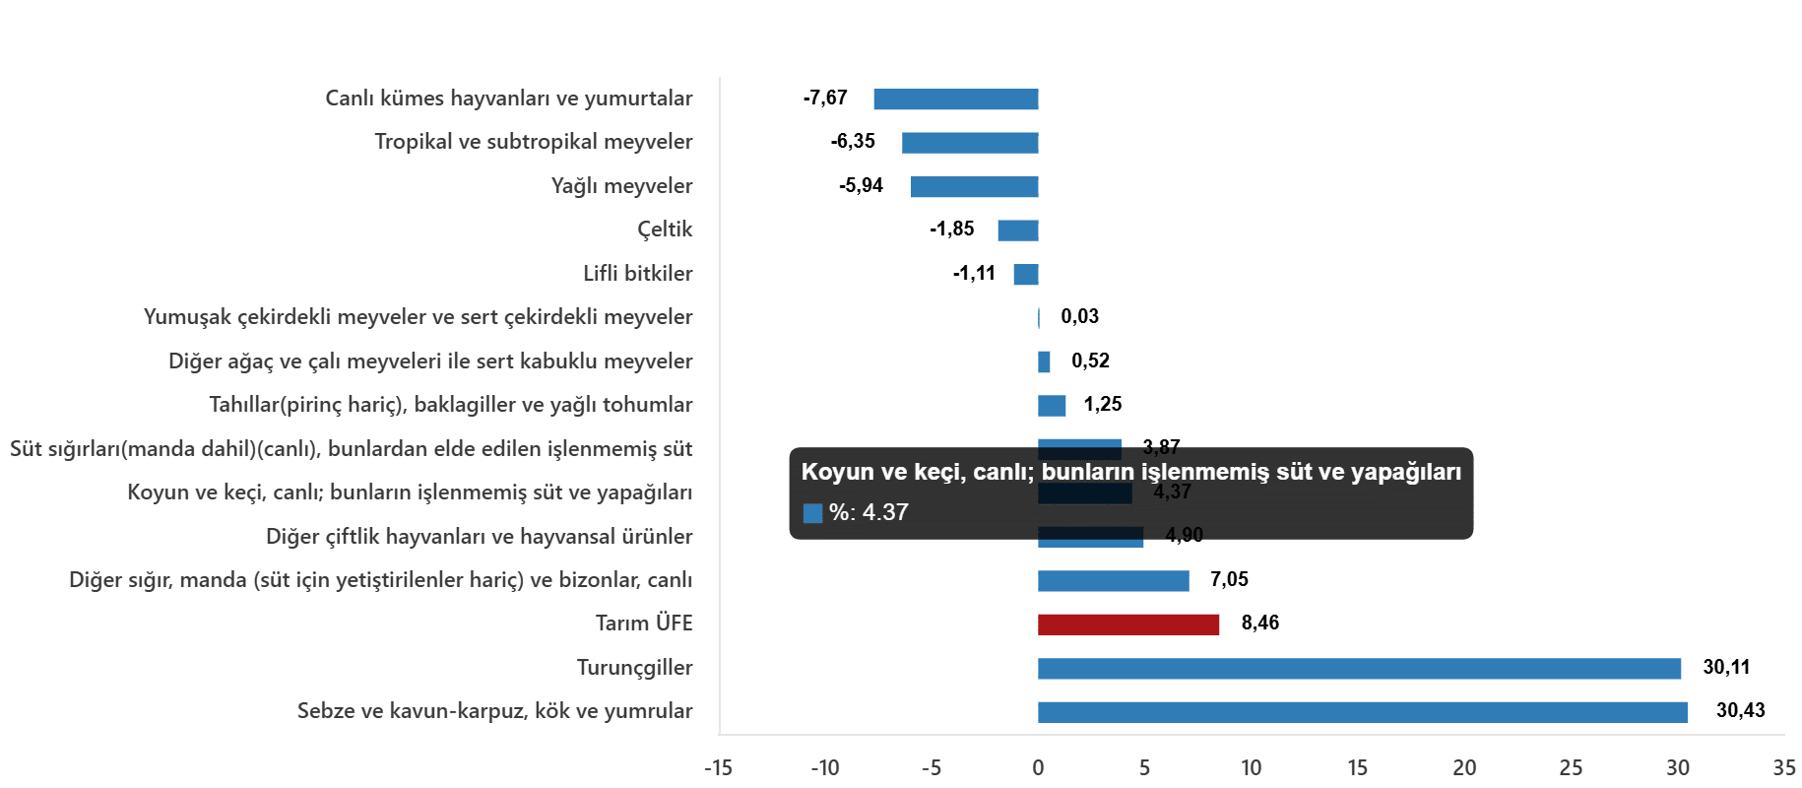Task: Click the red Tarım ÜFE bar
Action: coord(1128,624)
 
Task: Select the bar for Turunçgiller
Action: coord(1359,669)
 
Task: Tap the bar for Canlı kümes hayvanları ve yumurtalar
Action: coord(956,99)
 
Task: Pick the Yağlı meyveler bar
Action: coord(975,187)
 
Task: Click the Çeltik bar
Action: coord(1018,230)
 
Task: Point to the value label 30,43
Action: coord(1740,710)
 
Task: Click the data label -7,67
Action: coord(825,98)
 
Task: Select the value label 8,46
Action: coord(1259,623)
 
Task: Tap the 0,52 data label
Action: coord(1090,361)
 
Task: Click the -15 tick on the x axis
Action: coord(718,768)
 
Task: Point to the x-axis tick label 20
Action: coord(1464,768)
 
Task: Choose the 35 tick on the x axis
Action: coord(1783,768)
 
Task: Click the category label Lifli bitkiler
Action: coord(637,273)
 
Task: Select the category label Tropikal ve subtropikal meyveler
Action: coord(533,142)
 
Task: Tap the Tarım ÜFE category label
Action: coord(644,623)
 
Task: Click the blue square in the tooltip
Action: coord(812,513)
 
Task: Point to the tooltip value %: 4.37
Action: coord(868,512)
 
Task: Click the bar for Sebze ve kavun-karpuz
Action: coord(1362,712)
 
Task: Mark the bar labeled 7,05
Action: coord(1113,581)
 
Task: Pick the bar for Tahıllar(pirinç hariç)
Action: coord(1052,406)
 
